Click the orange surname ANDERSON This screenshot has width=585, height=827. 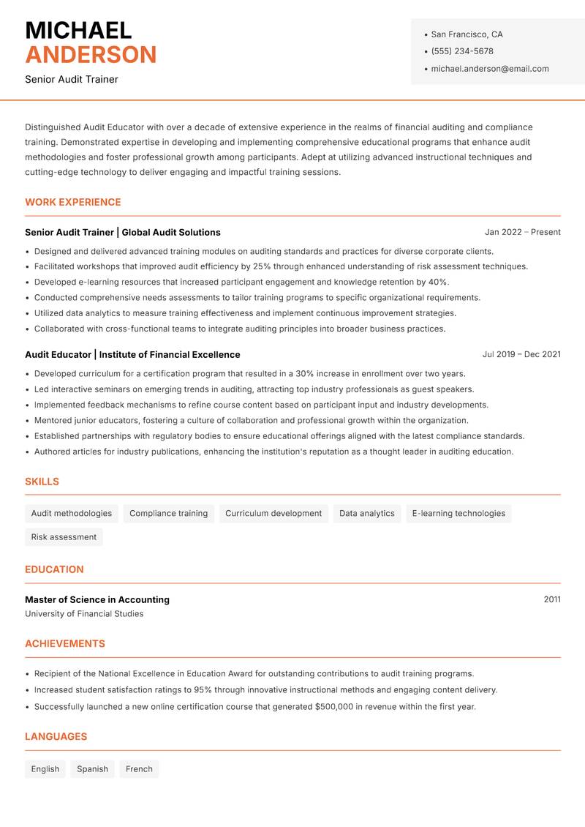click(x=91, y=55)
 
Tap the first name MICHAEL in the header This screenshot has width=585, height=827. click(x=78, y=30)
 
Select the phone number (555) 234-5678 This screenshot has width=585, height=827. click(x=461, y=51)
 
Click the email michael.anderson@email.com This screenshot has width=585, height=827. click(x=489, y=69)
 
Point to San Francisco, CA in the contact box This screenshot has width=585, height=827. click(x=467, y=34)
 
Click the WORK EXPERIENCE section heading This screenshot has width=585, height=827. click(x=73, y=202)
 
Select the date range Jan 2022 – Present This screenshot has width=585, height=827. click(x=522, y=232)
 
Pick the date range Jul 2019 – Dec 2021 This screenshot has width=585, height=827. click(x=521, y=354)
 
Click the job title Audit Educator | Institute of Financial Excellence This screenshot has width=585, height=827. click(x=132, y=354)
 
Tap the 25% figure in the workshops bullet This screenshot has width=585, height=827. click(x=262, y=266)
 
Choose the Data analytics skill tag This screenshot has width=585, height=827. click(x=366, y=513)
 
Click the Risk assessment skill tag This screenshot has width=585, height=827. click(x=64, y=536)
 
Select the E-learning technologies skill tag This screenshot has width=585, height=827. click(x=458, y=513)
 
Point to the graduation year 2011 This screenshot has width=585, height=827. click(x=552, y=599)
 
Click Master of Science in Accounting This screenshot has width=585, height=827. click(x=97, y=599)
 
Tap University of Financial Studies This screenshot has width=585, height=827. click(x=84, y=614)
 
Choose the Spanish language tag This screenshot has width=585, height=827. click(x=92, y=768)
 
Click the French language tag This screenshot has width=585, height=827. click(x=139, y=768)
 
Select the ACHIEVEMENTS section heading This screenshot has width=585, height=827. click(x=65, y=643)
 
